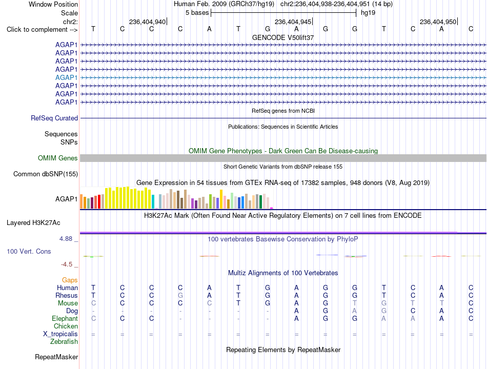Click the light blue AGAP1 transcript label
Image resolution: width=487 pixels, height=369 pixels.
pos(66,78)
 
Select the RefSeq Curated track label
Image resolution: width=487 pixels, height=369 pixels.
pos(54,118)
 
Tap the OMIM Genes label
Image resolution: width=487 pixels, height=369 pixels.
pos(57,158)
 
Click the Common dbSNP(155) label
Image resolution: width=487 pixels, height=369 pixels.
pos(45,174)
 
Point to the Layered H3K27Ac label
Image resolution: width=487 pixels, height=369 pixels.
pos(33,223)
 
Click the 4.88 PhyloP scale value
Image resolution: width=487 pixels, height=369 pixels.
pos(66,239)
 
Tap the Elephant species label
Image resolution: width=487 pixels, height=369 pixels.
pos(65,318)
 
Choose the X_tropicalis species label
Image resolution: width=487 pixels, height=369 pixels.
pos(60,334)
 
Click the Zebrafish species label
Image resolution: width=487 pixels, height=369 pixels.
pos(64,342)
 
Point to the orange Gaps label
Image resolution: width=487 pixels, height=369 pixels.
pos(70,280)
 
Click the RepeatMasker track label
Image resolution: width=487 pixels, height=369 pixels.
pos(56,357)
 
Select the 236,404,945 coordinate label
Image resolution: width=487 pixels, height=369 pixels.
pos(293,22)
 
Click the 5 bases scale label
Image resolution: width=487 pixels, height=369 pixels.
pos(197,13)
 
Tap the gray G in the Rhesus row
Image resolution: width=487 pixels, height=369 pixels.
pos(180,295)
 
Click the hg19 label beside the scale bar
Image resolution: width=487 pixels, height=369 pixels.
pos(368,13)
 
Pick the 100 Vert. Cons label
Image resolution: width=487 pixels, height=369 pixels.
pos(29,251)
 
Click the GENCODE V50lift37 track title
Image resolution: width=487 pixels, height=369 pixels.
pos(283,37)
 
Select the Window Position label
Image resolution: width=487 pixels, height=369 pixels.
pos(53,4)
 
